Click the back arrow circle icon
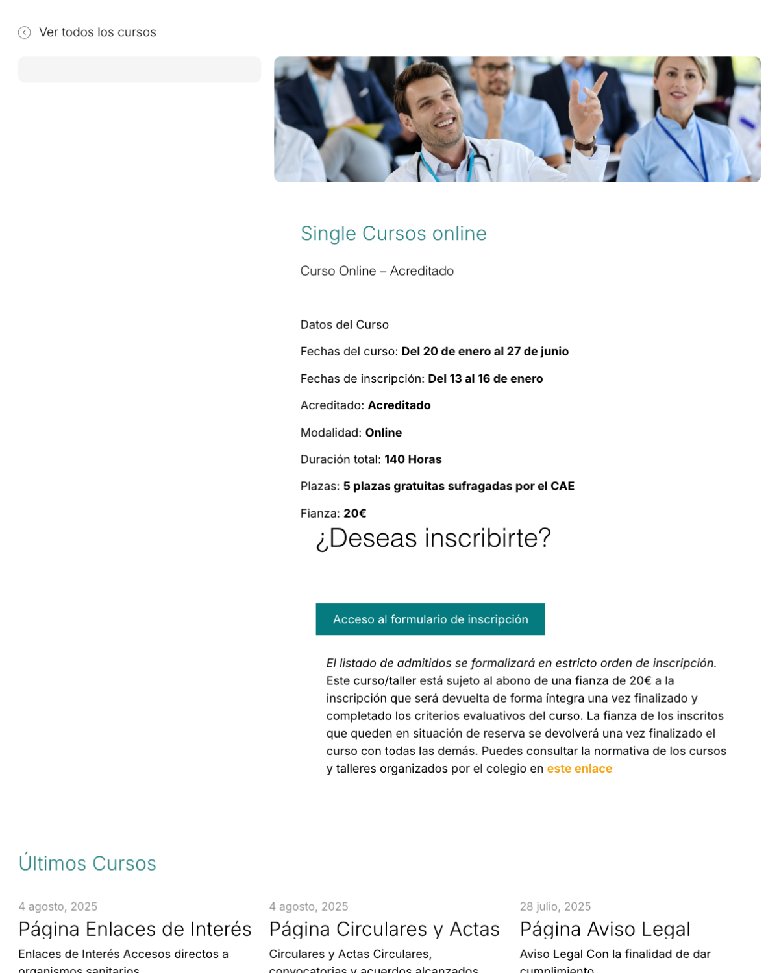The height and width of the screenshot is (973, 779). pyautogui.click(x=25, y=32)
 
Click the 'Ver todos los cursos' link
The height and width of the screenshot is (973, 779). pyautogui.click(x=97, y=32)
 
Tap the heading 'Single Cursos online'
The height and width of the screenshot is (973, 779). pyautogui.click(x=393, y=234)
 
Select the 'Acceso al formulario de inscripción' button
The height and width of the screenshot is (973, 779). pyautogui.click(x=430, y=619)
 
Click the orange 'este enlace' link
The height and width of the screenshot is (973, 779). pyautogui.click(x=579, y=769)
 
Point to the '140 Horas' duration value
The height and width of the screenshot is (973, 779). pyautogui.click(x=413, y=459)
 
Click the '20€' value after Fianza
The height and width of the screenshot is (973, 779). pyautogui.click(x=355, y=513)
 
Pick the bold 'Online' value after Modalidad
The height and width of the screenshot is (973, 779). pyautogui.click(x=384, y=433)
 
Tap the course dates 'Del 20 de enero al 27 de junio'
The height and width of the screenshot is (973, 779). pyautogui.click(x=485, y=352)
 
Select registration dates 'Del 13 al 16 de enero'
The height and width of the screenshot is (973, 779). pyautogui.click(x=486, y=379)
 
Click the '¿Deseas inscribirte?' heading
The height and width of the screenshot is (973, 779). pyautogui.click(x=433, y=538)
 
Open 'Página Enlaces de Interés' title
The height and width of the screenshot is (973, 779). pyautogui.click(x=135, y=929)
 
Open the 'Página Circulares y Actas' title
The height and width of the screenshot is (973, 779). pyautogui.click(x=384, y=929)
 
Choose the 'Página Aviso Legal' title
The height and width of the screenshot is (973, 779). pyautogui.click(x=605, y=929)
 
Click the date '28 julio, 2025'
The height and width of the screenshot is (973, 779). pyautogui.click(x=555, y=906)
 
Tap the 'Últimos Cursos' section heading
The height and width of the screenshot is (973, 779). pyautogui.click(x=88, y=863)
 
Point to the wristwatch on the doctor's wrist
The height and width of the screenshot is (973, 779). pyautogui.click(x=585, y=143)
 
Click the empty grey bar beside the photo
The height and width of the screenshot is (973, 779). pyautogui.click(x=140, y=69)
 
